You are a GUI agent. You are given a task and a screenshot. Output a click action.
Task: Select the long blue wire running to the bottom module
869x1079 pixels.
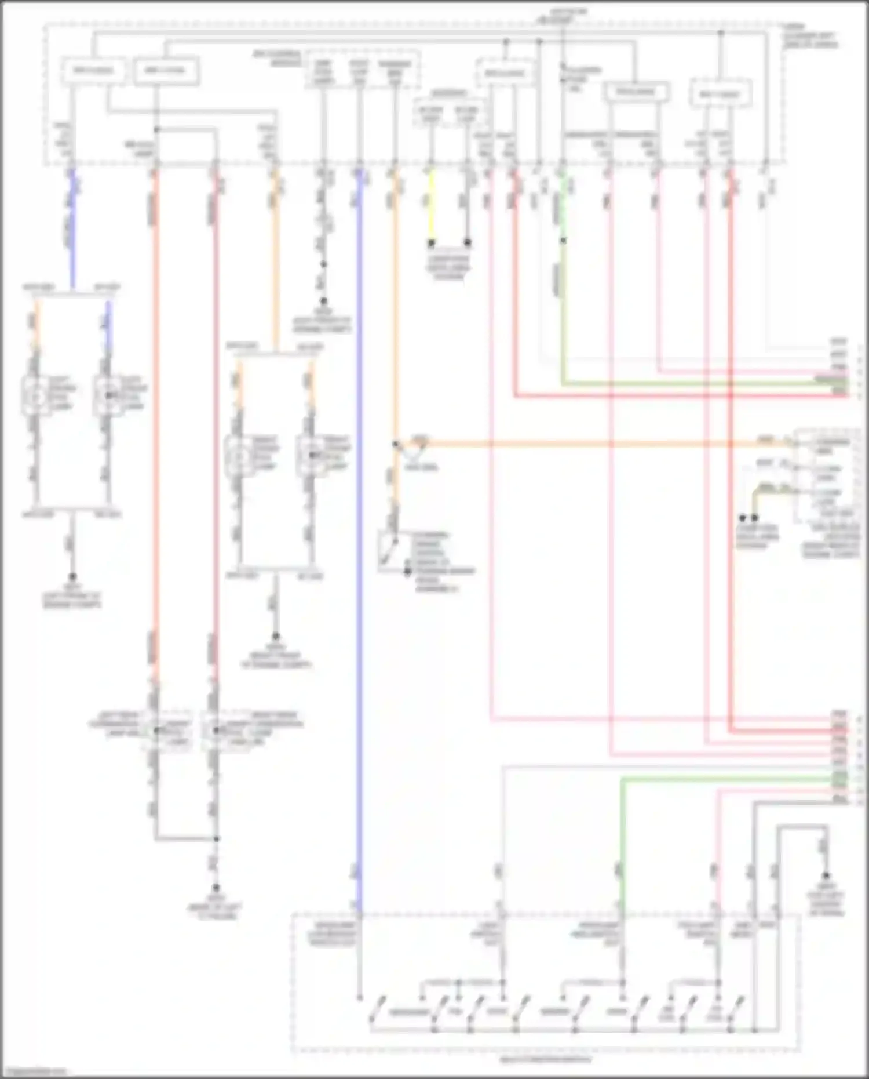tap(359, 522)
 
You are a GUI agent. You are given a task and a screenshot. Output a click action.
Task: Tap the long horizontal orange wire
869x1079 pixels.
tap(579, 444)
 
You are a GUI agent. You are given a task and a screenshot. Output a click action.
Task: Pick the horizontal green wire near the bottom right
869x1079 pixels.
tap(724, 780)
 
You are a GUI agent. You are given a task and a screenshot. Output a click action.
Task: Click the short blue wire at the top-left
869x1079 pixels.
tap(72, 191)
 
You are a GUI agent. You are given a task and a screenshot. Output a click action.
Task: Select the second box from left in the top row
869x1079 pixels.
tap(166, 71)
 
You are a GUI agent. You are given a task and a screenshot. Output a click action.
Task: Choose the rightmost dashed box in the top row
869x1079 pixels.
tap(720, 94)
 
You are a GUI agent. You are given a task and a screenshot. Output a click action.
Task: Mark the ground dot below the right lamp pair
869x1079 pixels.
tap(276, 637)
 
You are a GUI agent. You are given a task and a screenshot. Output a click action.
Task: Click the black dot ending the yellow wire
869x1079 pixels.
tap(430, 242)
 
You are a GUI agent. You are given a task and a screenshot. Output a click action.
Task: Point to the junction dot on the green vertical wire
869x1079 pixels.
tap(563, 240)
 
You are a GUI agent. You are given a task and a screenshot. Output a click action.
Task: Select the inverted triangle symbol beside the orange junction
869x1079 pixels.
tap(416, 446)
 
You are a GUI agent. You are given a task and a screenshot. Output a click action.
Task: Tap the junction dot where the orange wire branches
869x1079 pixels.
tap(396, 444)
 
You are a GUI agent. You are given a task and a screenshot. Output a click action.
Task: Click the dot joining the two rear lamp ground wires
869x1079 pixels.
tap(216, 838)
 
